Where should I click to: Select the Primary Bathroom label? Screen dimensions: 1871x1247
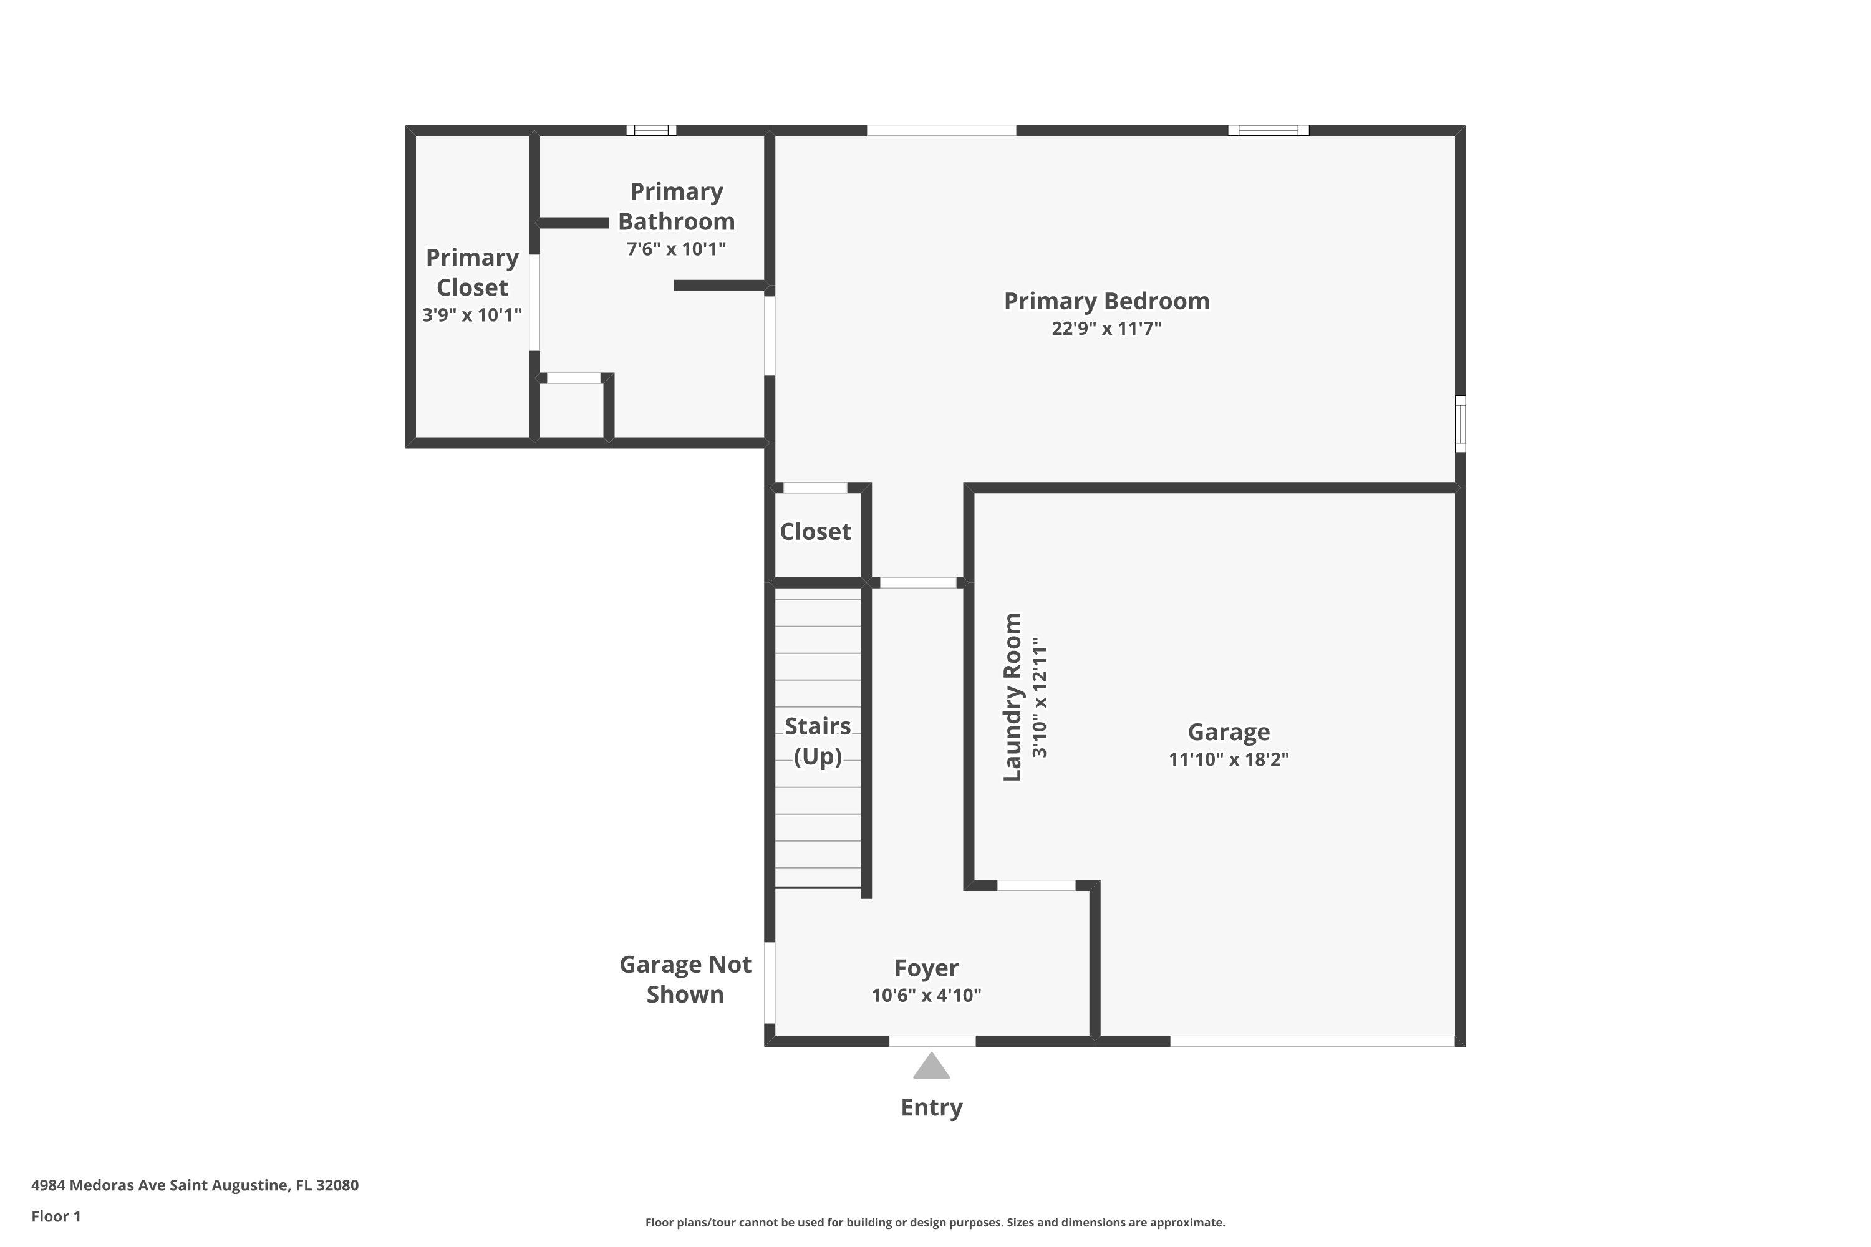tap(676, 206)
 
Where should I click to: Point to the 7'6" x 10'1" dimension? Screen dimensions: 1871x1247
tap(676, 249)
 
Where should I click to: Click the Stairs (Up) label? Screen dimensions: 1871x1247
tap(818, 741)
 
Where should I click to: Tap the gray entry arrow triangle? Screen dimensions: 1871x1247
tap(932, 1066)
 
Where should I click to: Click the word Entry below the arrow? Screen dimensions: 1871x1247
tap(932, 1107)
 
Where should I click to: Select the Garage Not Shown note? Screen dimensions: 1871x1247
tap(685, 979)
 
